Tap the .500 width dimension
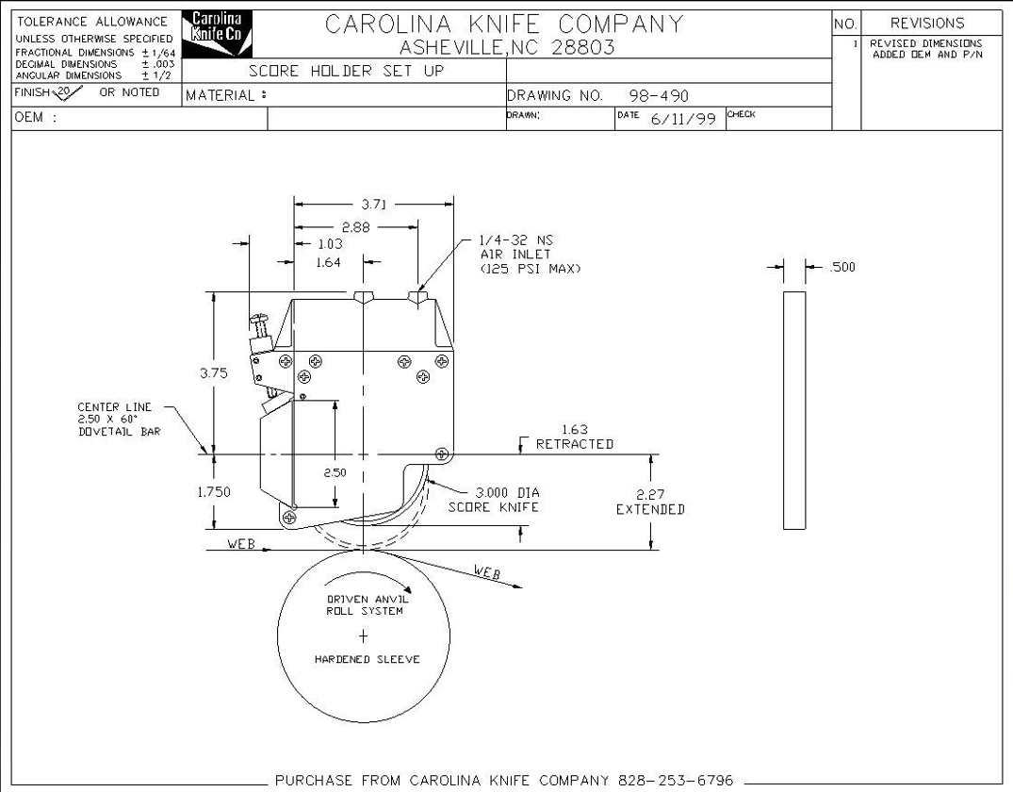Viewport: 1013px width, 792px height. pyautogui.click(x=841, y=267)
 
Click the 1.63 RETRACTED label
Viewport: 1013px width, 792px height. pyautogui.click(x=575, y=437)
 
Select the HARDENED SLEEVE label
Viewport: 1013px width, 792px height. pyautogui.click(x=367, y=659)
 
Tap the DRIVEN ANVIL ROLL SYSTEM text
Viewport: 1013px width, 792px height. pyautogui.click(x=365, y=604)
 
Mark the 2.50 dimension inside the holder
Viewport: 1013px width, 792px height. pyautogui.click(x=335, y=472)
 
